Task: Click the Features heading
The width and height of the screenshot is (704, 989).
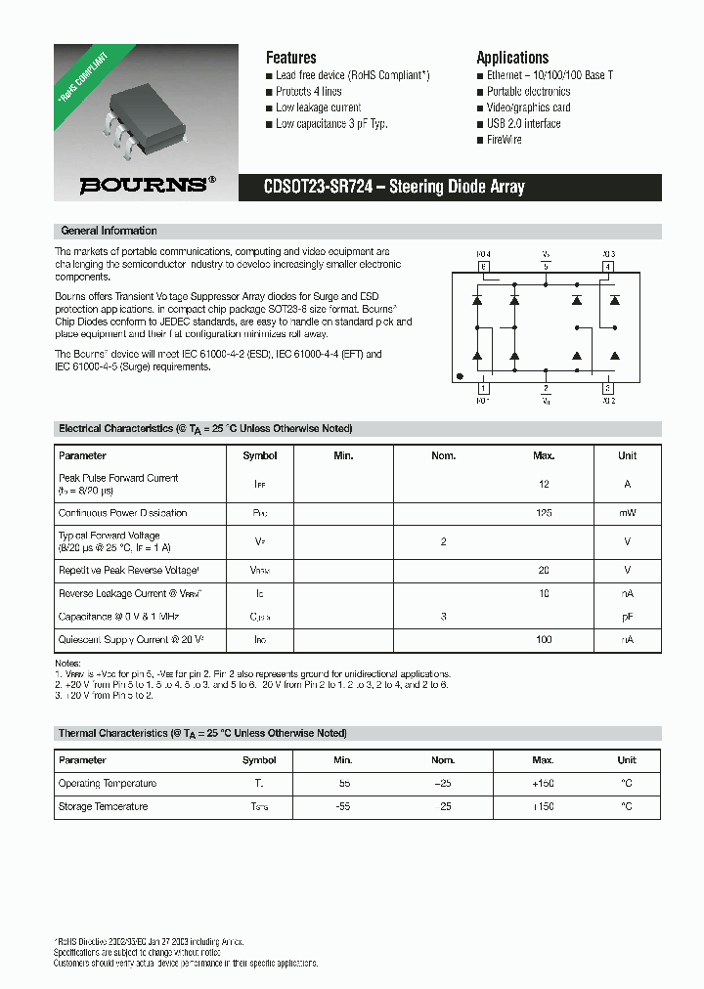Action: [x=291, y=58]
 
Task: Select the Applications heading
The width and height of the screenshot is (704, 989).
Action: [x=512, y=58]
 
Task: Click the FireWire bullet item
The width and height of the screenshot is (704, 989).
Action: [x=505, y=140]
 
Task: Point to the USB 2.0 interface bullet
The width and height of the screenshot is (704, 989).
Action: [x=524, y=124]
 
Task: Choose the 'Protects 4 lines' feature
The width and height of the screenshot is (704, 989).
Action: [x=311, y=92]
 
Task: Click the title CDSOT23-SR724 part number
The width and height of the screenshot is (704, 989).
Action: [x=318, y=188]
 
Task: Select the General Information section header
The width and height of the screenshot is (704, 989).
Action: [x=109, y=232]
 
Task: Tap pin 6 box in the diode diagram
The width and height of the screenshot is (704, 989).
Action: [x=482, y=266]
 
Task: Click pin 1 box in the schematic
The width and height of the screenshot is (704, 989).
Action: [x=482, y=389]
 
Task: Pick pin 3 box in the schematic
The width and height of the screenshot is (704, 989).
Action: [x=607, y=389]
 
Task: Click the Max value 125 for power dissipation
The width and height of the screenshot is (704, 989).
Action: [x=544, y=513]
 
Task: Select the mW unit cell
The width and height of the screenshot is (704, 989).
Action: [x=627, y=513]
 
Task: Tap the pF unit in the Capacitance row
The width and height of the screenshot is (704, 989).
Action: [x=627, y=617]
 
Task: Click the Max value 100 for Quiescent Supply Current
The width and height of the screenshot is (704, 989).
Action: [x=544, y=640]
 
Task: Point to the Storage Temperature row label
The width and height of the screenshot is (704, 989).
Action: [x=103, y=807]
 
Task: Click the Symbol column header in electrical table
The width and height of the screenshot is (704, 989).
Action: [x=259, y=456]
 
